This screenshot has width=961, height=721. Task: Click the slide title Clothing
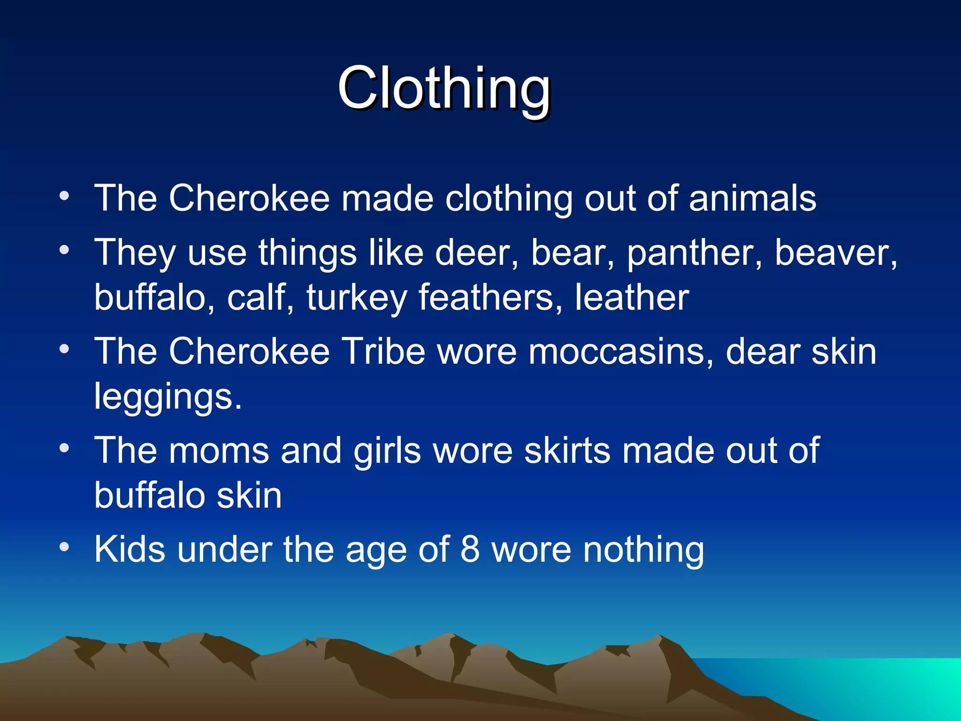click(x=443, y=88)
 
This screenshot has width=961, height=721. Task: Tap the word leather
click(x=632, y=298)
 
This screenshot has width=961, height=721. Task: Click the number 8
click(x=470, y=549)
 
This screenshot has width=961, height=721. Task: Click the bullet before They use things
click(x=64, y=250)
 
